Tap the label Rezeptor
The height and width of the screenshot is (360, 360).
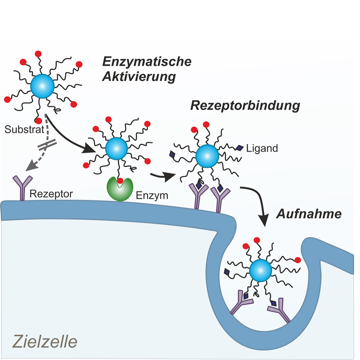pyautogui.click(x=51, y=194)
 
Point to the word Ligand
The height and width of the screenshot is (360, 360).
pyautogui.click(x=262, y=148)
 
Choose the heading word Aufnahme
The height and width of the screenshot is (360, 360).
pyautogui.click(x=309, y=214)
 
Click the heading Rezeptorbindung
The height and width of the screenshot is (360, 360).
pyautogui.click(x=245, y=106)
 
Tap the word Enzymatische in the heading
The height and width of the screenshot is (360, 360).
pyautogui.click(x=147, y=62)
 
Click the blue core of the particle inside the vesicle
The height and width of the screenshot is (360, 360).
pyautogui.click(x=260, y=271)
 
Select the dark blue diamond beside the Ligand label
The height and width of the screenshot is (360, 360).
pyautogui.click(x=240, y=148)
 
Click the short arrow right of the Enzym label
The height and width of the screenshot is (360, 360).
pyautogui.click(x=163, y=176)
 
